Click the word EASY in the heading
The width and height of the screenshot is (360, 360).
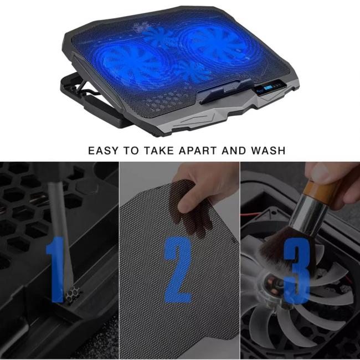(x=104, y=150)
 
